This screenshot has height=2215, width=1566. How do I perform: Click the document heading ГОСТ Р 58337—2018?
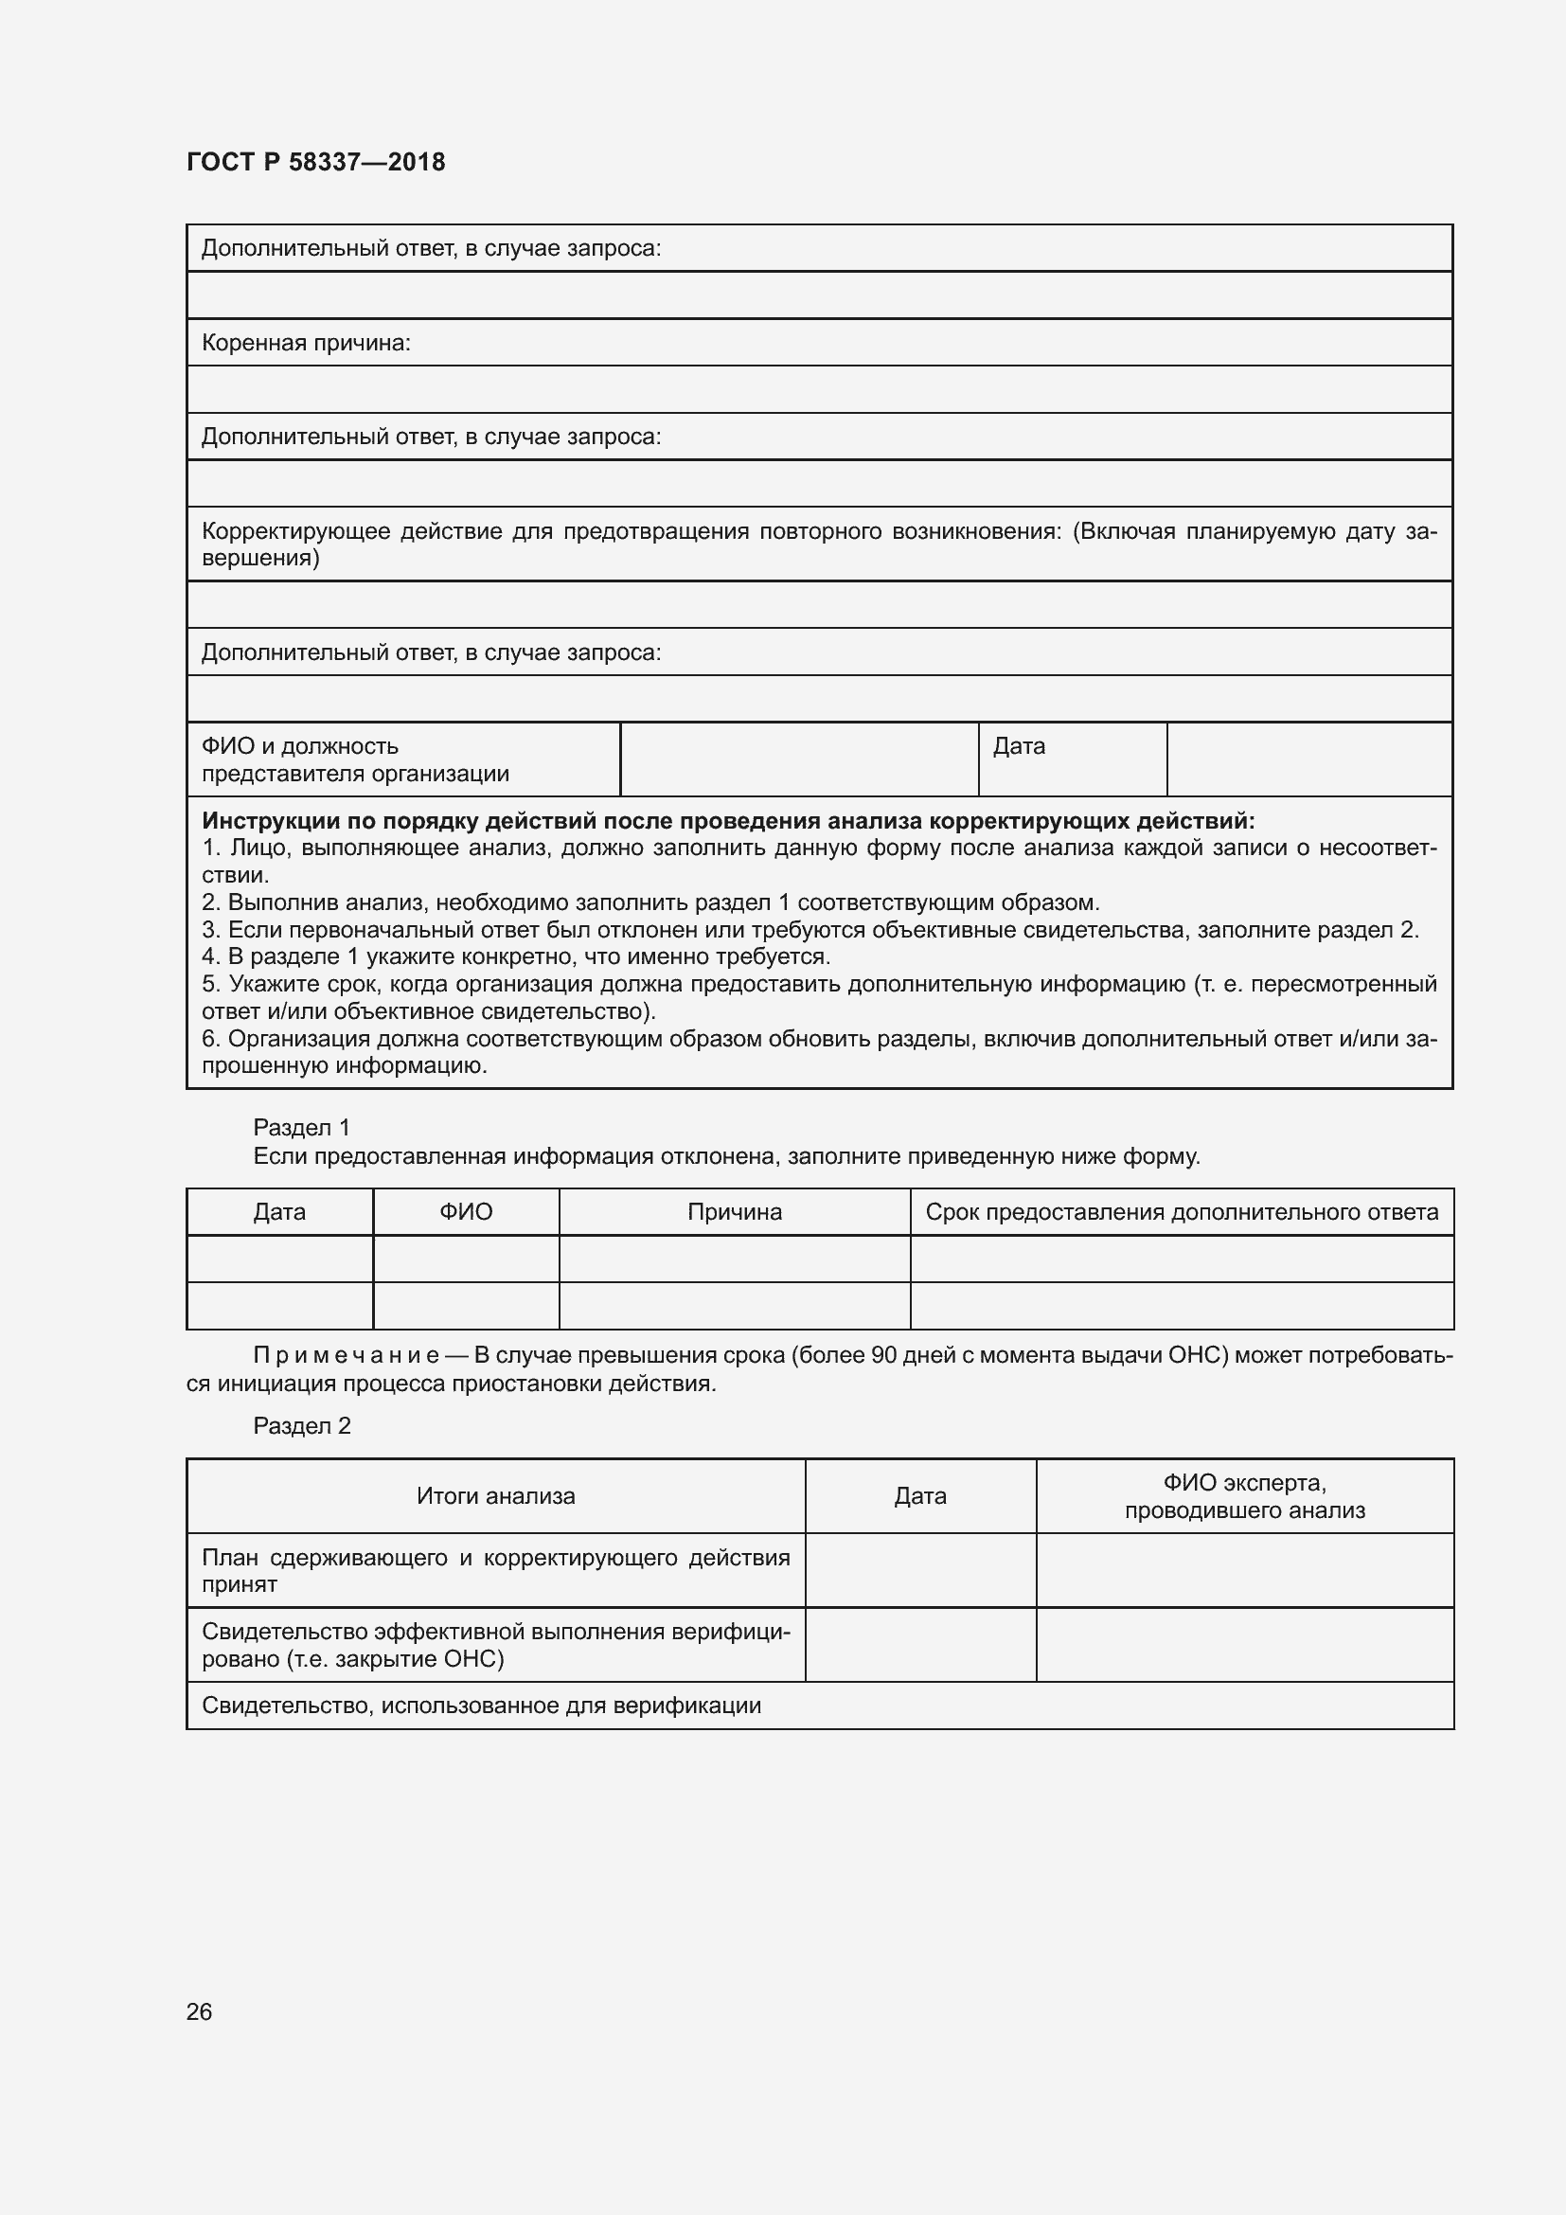pyautogui.click(x=315, y=162)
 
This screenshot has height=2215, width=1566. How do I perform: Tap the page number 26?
pyautogui.click(x=199, y=2011)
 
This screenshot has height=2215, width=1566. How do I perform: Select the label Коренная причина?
pyautogui.click(x=306, y=344)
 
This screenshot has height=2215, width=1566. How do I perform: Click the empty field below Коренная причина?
pyautogui.click(x=819, y=390)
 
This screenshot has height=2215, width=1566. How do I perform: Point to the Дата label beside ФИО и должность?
pyautogui.click(x=1019, y=745)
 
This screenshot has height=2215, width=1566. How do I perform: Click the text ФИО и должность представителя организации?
pyautogui.click(x=355, y=759)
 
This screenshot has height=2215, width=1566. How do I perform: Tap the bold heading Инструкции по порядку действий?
pyautogui.click(x=727, y=821)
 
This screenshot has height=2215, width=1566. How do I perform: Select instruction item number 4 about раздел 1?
pyautogui.click(x=516, y=956)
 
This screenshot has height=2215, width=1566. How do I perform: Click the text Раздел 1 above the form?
pyautogui.click(x=301, y=1127)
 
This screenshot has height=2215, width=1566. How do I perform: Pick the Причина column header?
pyautogui.click(x=734, y=1212)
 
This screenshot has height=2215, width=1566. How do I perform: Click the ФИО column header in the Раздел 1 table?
pyautogui.click(x=466, y=1212)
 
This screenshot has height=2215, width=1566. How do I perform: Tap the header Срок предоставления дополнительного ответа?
pyautogui.click(x=1182, y=1212)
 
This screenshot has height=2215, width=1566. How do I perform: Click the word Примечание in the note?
pyautogui.click(x=347, y=1355)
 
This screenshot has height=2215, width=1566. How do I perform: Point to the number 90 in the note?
pyautogui.click(x=884, y=1355)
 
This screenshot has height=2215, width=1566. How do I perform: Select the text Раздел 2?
pyautogui.click(x=301, y=1426)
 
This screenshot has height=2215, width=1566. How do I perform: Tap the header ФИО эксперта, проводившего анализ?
pyautogui.click(x=1244, y=1496)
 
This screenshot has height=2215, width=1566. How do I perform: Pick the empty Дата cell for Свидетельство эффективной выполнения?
pyautogui.click(x=920, y=1645)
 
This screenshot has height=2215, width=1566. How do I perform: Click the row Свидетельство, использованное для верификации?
pyautogui.click(x=481, y=1706)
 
